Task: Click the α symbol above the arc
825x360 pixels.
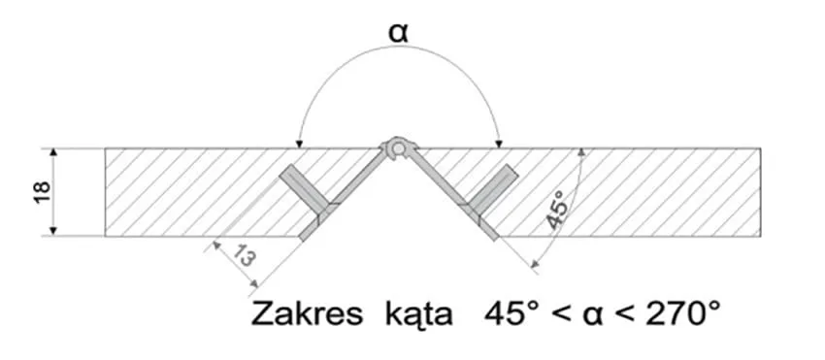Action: pyautogui.click(x=398, y=33)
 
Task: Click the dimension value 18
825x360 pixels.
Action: pyautogui.click(x=43, y=193)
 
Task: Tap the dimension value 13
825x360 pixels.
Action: pyautogui.click(x=245, y=256)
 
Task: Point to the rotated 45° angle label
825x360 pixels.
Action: pyautogui.click(x=557, y=210)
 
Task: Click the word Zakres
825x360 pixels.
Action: pyautogui.click(x=307, y=314)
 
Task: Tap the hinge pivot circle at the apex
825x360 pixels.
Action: pyautogui.click(x=398, y=149)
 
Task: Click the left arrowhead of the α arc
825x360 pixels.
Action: pyautogui.click(x=299, y=144)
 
